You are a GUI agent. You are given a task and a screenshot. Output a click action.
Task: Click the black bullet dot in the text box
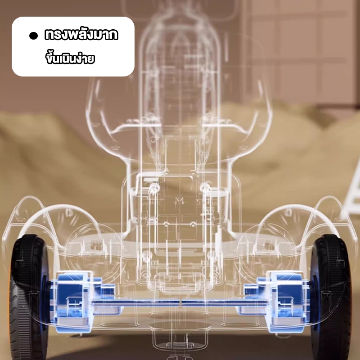point(33,36)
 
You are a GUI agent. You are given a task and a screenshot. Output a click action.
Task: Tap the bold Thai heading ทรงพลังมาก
point(81,35)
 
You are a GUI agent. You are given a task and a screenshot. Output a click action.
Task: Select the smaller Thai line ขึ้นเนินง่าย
point(70,58)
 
